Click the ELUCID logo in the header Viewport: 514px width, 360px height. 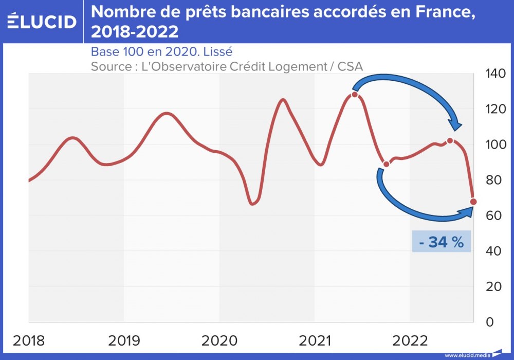pos(42,22)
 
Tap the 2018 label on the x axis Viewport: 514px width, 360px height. pos(28,340)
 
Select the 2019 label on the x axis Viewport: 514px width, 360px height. pos(123,340)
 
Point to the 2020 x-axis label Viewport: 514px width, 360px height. pos(219,340)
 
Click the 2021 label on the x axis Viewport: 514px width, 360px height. pos(314,340)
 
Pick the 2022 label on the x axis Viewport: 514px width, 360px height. pos(410,340)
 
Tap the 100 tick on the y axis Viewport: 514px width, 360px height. pos(496,145)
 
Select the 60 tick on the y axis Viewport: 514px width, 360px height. pos(493,215)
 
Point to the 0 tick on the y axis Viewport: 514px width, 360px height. pos(489,322)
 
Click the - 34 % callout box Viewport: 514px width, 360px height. pos(441,242)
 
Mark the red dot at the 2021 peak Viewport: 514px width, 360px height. pos(355,95)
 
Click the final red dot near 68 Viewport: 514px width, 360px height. pos(473,202)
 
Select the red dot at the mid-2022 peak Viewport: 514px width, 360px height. pos(450,140)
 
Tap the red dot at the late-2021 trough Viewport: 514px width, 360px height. pos(387,165)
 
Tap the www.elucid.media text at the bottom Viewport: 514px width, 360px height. pos(468,355)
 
